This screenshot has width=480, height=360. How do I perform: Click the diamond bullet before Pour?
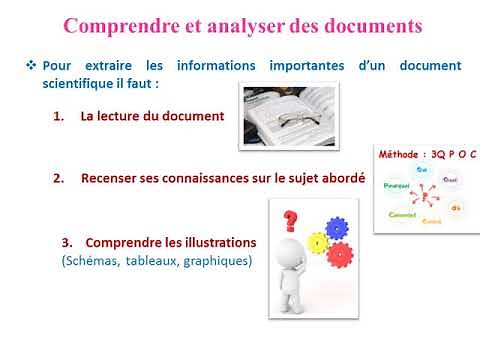[31, 65]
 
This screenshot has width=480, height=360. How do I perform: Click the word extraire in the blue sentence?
[111, 66]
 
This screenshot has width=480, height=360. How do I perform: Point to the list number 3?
[67, 243]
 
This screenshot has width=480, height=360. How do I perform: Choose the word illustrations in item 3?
[216, 243]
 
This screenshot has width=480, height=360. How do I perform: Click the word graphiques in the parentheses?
[220, 262]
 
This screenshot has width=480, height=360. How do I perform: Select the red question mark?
[291, 219]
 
